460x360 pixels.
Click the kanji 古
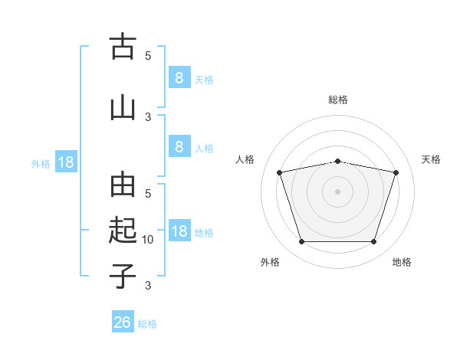[x=123, y=46]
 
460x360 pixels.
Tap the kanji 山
[x=123, y=109]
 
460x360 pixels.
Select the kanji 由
[x=123, y=185]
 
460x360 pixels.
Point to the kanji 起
[x=123, y=230]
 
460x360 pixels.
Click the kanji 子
[x=123, y=276]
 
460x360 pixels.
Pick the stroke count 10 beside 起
[x=147, y=240]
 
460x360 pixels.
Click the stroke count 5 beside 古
[x=148, y=55]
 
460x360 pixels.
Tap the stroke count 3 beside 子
[x=148, y=285]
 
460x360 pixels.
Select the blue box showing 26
[x=123, y=321]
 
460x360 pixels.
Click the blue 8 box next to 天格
[x=179, y=77]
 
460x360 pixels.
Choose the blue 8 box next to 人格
[x=179, y=146]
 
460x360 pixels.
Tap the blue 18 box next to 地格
[x=179, y=230]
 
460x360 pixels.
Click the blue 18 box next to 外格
[x=66, y=162]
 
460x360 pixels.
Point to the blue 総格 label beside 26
[x=147, y=324]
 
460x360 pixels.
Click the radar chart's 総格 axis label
[x=338, y=100]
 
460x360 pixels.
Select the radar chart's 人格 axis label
[x=245, y=159]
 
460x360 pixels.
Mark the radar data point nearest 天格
[x=396, y=172]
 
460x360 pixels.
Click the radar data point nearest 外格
[x=302, y=241]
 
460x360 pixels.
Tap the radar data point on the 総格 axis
[x=337, y=162]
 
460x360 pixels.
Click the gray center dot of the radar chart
[x=337, y=191]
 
